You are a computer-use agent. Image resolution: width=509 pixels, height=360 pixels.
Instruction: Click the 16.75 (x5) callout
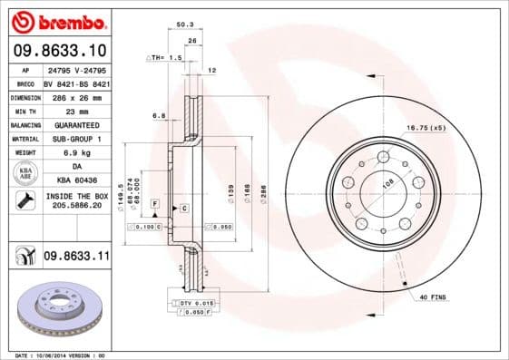click(x=426, y=128)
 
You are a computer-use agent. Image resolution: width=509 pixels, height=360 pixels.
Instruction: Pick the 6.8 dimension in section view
click(x=158, y=115)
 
